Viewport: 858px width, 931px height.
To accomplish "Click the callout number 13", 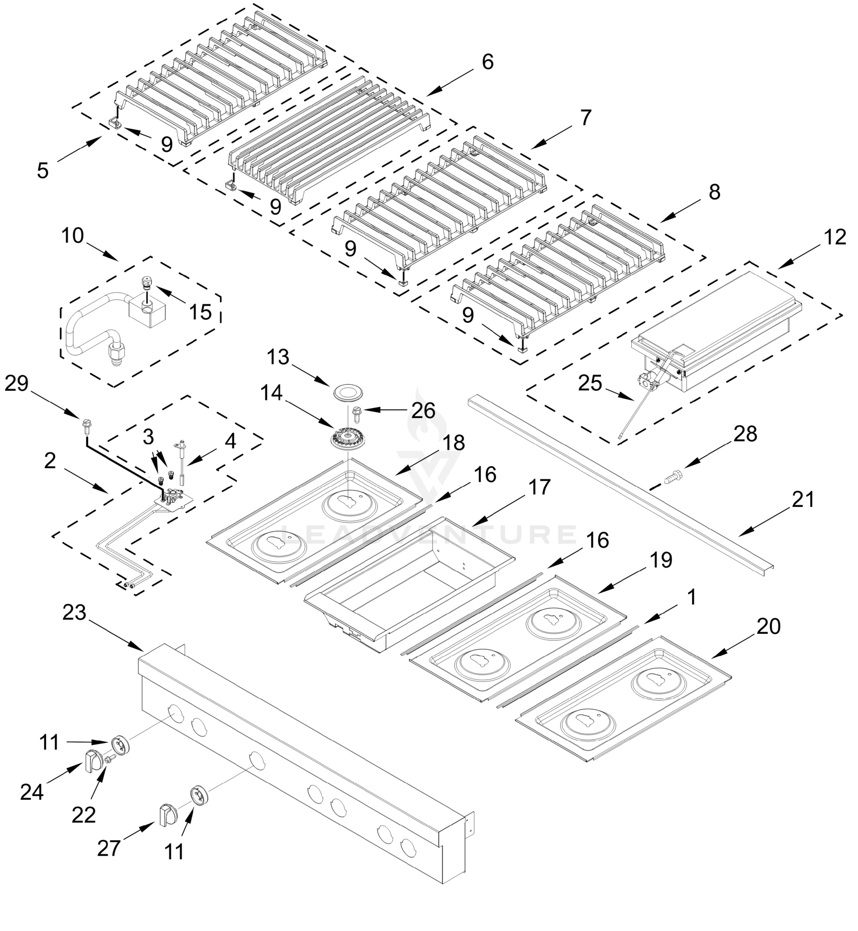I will click(x=278, y=358).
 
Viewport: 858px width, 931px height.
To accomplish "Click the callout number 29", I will click(x=17, y=384).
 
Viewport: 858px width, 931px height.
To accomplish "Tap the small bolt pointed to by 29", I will click(x=85, y=424).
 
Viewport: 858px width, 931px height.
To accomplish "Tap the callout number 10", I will click(x=73, y=236).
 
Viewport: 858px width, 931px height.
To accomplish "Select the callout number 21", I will click(x=803, y=500).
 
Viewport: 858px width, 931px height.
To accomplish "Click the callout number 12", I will click(x=835, y=237).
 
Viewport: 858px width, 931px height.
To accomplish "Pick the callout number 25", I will click(x=590, y=384).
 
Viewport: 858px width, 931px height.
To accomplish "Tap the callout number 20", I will click(x=768, y=626).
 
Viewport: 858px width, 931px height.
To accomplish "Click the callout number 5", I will click(x=43, y=170).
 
